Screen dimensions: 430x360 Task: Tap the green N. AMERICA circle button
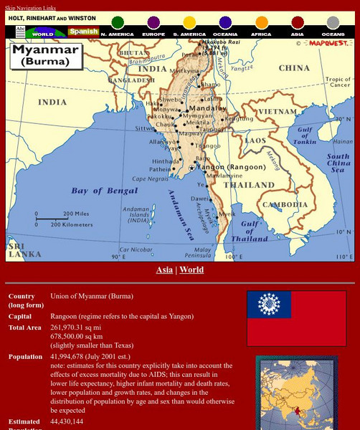click(117, 23)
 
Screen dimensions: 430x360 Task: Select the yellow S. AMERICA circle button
click(189, 23)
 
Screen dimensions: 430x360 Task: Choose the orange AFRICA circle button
click(261, 23)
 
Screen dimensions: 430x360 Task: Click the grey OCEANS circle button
click(333, 23)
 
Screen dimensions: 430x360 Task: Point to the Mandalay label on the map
click(207, 108)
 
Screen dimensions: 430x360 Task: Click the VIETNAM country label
click(273, 112)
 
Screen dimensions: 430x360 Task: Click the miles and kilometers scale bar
click(65, 219)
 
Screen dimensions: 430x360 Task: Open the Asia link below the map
click(164, 270)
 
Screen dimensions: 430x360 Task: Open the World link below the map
click(191, 270)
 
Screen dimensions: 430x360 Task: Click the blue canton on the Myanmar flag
click(269, 305)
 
